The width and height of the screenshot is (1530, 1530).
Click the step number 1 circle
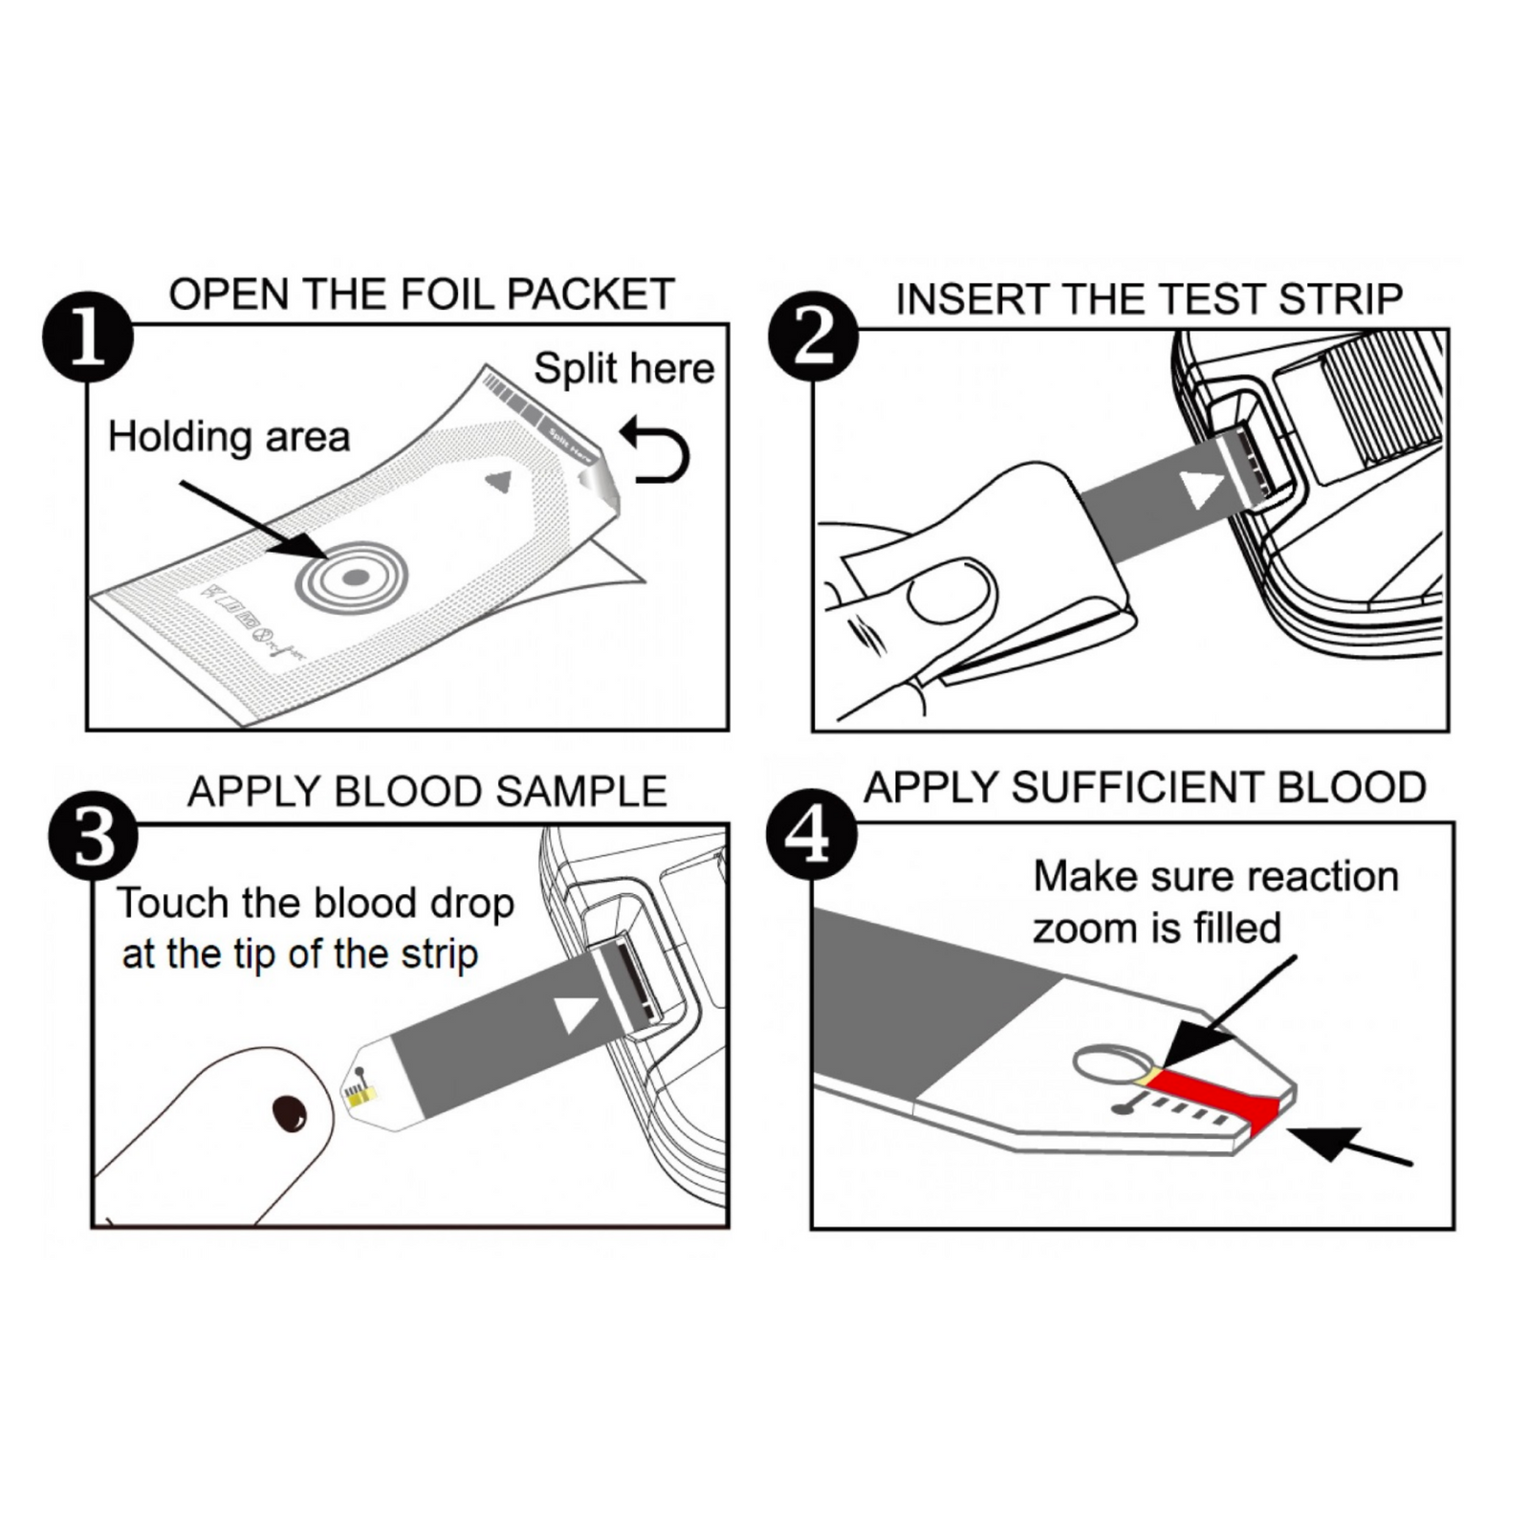(88, 337)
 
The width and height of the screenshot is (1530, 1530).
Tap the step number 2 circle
(814, 337)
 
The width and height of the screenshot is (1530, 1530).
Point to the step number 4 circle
(811, 834)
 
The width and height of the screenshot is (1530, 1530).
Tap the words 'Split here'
(623, 368)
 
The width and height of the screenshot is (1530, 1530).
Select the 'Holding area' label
(229, 436)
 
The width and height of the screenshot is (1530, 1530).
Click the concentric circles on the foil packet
(352, 577)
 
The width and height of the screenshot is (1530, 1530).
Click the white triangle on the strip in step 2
(1201, 489)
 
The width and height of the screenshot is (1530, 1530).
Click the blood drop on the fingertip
(289, 1113)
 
